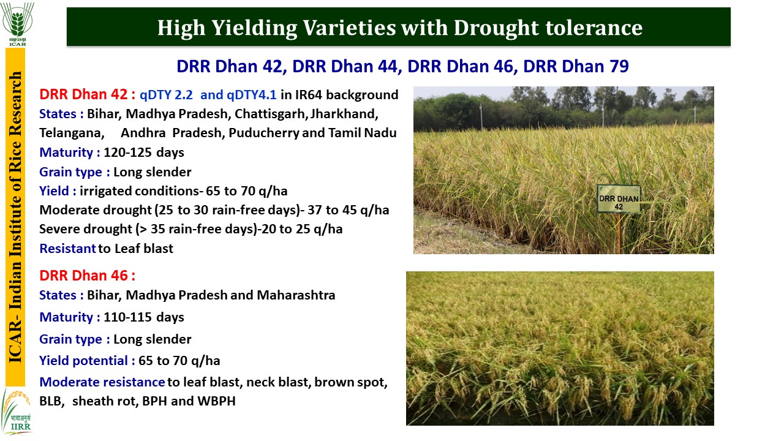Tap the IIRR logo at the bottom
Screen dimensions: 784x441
click(x=17, y=410)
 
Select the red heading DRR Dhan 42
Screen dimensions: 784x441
click(x=83, y=94)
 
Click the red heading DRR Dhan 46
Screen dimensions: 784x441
click(x=83, y=276)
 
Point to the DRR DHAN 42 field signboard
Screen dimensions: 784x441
click(x=619, y=199)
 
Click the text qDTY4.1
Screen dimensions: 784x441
click(x=251, y=95)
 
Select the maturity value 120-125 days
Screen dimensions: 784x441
click(x=144, y=153)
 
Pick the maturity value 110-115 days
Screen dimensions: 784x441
click(x=144, y=317)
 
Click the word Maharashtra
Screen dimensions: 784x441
click(x=296, y=295)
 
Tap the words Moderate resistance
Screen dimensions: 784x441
click(x=102, y=382)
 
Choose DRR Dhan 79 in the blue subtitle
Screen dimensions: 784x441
click(x=576, y=67)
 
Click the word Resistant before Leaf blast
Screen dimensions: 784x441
click(x=67, y=249)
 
